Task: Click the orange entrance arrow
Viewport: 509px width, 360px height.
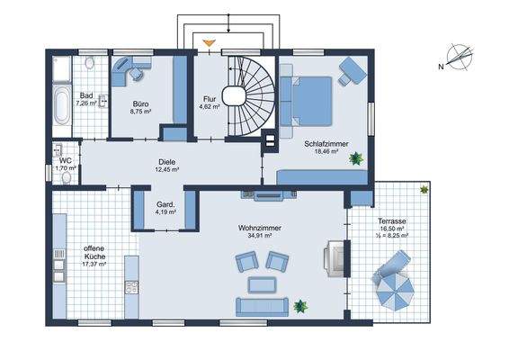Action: [209, 42]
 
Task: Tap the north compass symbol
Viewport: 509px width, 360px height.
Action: [459, 57]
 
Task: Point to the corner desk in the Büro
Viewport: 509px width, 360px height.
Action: [129, 69]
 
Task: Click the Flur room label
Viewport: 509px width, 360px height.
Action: [210, 99]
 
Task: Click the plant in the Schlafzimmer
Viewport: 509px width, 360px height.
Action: [357, 157]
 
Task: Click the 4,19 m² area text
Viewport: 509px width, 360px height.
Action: [164, 212]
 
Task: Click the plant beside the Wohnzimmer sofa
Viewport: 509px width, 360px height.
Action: [300, 306]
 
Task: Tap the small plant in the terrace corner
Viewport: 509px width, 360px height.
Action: [424, 190]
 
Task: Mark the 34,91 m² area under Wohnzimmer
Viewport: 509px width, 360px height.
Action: [261, 238]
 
